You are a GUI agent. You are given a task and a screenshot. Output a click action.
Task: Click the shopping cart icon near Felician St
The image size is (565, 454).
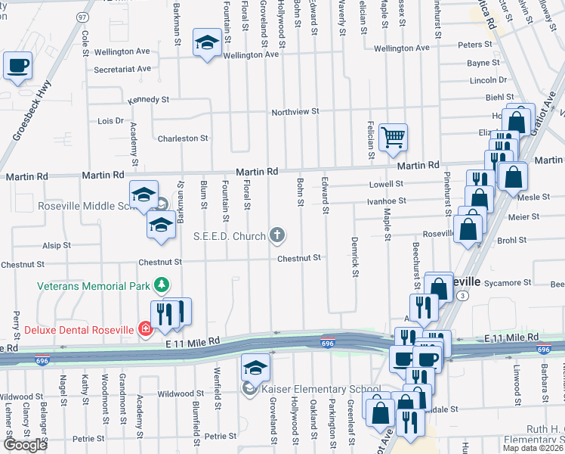(x=393, y=137)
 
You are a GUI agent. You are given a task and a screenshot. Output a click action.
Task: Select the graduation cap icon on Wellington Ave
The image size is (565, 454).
(x=205, y=42)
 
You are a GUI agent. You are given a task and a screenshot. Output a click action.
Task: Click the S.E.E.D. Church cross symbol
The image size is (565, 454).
(x=277, y=235)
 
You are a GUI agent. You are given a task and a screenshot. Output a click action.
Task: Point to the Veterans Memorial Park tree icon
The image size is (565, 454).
(x=160, y=285)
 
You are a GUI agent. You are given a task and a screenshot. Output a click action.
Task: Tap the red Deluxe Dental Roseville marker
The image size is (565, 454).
(x=144, y=328)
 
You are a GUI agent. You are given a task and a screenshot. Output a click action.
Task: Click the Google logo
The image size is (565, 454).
(x=24, y=445)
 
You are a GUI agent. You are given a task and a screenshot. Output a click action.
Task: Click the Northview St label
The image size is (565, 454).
(x=295, y=111)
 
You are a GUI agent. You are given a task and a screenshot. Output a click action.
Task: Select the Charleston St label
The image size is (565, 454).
(x=182, y=138)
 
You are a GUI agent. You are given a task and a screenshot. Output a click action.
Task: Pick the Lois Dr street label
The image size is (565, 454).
(x=110, y=120)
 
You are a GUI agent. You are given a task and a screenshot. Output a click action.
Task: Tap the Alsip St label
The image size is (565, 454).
(x=57, y=245)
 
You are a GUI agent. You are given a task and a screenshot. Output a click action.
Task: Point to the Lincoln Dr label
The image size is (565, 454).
(x=488, y=79)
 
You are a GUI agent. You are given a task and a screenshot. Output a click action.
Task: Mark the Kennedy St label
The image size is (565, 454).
(x=148, y=99)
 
